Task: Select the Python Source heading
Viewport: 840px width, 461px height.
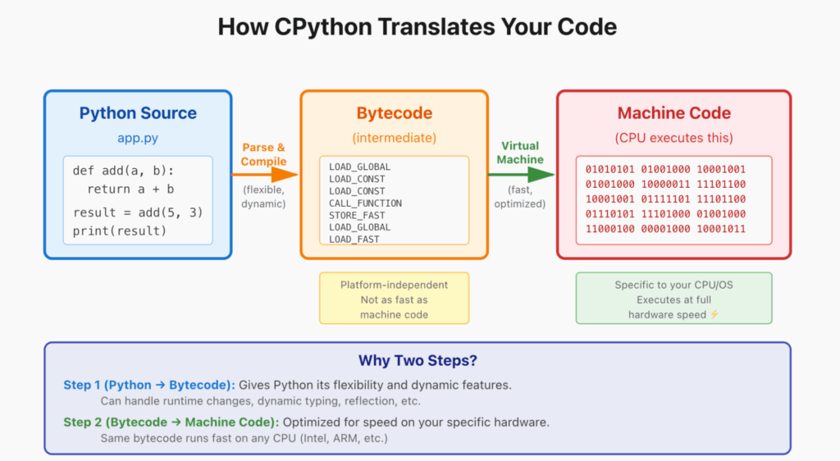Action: tap(138, 113)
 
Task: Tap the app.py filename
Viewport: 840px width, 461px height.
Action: tap(138, 138)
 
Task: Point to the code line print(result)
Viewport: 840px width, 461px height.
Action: tap(119, 230)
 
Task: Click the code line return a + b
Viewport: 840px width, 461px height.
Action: tap(132, 189)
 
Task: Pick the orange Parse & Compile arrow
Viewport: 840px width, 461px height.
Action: tap(267, 174)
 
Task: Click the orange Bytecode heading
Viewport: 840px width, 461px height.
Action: tap(395, 113)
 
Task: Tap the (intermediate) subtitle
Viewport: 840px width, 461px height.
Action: tap(395, 138)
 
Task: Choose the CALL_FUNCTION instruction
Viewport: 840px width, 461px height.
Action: tap(366, 203)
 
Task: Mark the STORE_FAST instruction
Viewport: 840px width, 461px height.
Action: tap(357, 215)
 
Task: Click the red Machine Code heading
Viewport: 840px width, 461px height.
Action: tap(673, 113)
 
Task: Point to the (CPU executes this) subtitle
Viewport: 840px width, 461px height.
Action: tap(673, 138)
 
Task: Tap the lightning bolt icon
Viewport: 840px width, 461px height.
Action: tap(714, 314)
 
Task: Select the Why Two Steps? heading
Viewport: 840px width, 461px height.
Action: tap(417, 360)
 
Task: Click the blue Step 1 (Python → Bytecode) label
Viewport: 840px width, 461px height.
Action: tap(149, 385)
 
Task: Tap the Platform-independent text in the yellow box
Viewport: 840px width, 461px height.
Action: tap(395, 285)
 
